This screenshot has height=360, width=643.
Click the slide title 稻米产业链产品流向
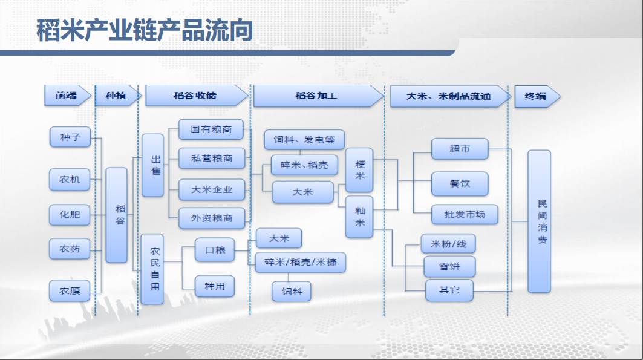pos(145,30)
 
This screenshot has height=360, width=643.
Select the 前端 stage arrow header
pos(68,96)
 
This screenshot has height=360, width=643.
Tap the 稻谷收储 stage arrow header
pos(197,96)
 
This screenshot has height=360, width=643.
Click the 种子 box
pos(70,137)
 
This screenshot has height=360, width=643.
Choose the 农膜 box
pos(70,290)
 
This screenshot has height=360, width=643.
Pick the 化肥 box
pos(70,214)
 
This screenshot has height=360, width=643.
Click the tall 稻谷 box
pos(117,215)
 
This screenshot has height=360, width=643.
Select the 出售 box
pos(152,165)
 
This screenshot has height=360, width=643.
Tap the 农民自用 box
pos(152,269)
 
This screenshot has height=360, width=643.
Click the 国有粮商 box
pos(211,129)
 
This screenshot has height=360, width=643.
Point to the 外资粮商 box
pos(212,218)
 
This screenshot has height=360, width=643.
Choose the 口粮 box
pos(215,250)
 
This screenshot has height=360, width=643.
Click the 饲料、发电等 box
pos(304,140)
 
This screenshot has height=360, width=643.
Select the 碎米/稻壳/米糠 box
pos(300,263)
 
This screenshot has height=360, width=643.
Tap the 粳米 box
pos(359,170)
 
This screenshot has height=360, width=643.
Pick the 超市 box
pos(460,149)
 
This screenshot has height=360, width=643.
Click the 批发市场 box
pos(465,214)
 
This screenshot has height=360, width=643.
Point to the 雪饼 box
pos(449,266)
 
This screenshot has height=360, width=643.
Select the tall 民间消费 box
pos(539,221)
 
